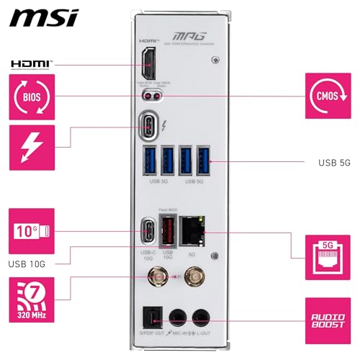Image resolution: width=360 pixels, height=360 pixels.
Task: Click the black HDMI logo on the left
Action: point(31,64)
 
